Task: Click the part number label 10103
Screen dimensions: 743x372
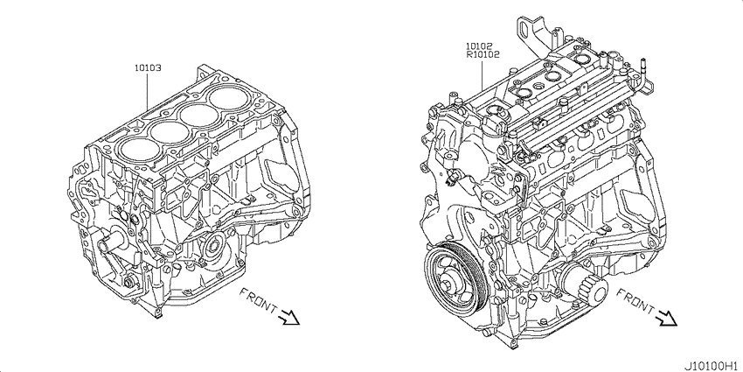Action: pos(148,68)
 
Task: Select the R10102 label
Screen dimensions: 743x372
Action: pos(482,54)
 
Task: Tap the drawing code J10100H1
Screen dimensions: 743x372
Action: pos(714,366)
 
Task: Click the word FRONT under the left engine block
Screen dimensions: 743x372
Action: pos(258,302)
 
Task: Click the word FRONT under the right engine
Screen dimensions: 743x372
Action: pos(635,302)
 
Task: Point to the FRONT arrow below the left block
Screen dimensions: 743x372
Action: pos(290,317)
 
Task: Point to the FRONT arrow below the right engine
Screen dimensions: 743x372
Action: pos(667,317)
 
